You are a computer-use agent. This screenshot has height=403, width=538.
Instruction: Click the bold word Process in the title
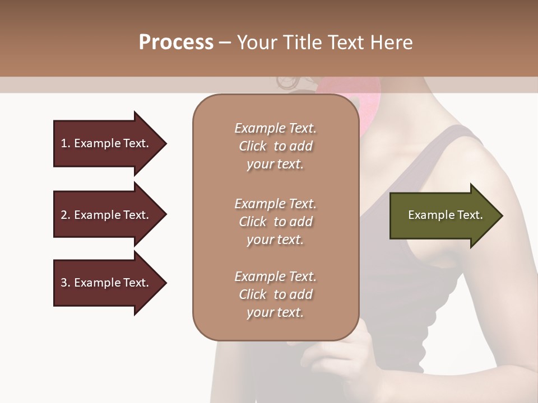(176, 43)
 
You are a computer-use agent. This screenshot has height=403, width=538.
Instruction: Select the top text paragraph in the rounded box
(275, 146)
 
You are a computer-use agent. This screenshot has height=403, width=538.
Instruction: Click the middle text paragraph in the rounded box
(275, 222)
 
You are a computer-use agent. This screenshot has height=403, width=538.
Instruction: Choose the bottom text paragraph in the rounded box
(275, 294)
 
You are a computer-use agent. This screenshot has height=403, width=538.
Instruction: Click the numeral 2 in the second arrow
(63, 215)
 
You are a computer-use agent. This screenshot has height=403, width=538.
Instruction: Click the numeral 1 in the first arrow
(63, 143)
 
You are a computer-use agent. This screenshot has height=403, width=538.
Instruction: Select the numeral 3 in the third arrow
(63, 283)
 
